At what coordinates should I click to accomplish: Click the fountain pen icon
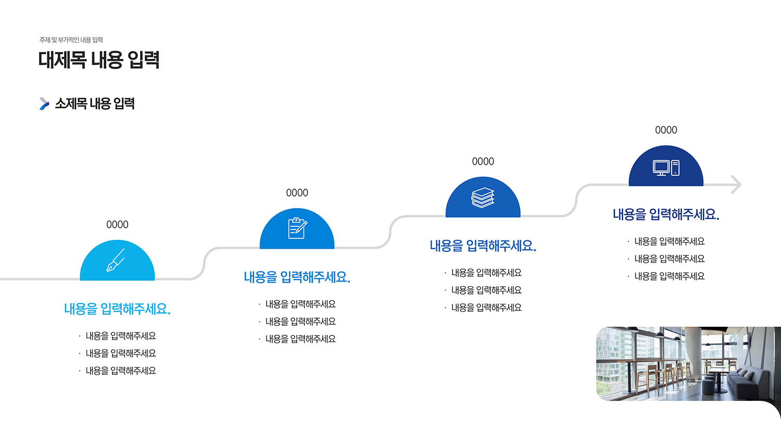(x=116, y=260)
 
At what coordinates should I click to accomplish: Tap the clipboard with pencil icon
(x=297, y=228)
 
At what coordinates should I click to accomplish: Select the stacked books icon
(x=483, y=198)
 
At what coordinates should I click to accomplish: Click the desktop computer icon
(x=666, y=168)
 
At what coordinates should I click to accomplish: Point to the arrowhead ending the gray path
(x=736, y=185)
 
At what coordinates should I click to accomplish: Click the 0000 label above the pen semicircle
(x=117, y=225)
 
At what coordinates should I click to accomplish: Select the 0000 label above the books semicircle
(x=483, y=161)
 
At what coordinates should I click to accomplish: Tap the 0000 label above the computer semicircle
(x=666, y=130)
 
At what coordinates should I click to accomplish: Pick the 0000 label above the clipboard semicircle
(x=297, y=193)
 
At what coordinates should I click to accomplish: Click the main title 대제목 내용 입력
(x=99, y=60)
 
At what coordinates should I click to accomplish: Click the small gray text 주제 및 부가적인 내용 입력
(x=71, y=40)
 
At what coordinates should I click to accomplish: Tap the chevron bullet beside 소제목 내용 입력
(x=44, y=104)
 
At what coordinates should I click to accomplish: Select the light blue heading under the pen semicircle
(x=117, y=309)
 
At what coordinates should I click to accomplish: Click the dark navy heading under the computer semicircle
(x=666, y=214)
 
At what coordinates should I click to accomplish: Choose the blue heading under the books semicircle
(x=483, y=246)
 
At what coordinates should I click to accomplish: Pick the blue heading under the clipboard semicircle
(x=297, y=277)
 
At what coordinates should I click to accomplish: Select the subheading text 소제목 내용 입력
(x=95, y=104)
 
